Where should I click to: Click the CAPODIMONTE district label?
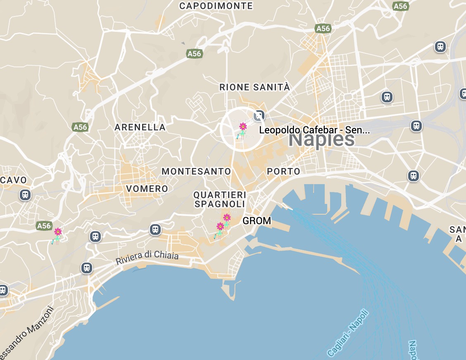(216, 6)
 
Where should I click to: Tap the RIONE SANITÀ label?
(254, 88)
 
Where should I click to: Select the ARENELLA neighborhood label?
(140, 127)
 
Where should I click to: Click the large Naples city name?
(321, 140)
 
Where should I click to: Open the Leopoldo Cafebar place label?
(314, 130)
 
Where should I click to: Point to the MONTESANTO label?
(196, 171)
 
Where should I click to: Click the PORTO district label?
(283, 171)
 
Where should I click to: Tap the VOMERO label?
(147, 189)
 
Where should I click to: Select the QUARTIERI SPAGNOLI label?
(220, 199)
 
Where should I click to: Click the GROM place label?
(257, 221)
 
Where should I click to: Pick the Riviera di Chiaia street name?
(147, 258)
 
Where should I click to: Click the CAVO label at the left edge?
(13, 180)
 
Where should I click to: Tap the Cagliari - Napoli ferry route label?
(347, 333)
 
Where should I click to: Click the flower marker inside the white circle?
(243, 126)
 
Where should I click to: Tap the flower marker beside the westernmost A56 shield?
(58, 232)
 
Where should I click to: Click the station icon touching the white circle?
(259, 115)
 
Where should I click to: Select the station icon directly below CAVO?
(25, 194)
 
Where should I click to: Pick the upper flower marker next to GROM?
(227, 218)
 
